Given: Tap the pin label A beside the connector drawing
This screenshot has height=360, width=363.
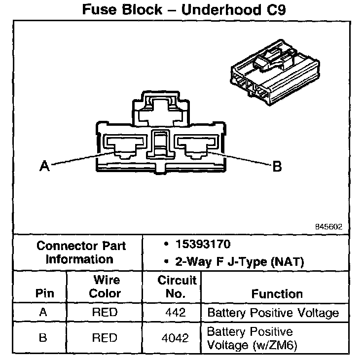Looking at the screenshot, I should tap(44, 167).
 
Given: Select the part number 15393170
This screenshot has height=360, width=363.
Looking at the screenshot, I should tap(204, 245).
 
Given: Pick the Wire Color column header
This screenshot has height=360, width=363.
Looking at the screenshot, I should tap(105, 287).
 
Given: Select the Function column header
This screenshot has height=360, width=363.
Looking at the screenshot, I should tap(277, 294).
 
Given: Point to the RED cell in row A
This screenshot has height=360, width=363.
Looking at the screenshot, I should tap(105, 313).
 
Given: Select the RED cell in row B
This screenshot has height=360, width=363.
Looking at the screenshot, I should tap(105, 338).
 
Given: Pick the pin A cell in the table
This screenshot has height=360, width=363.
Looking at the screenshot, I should tap(42, 313).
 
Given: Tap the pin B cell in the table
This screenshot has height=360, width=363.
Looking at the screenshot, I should tap(42, 338).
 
